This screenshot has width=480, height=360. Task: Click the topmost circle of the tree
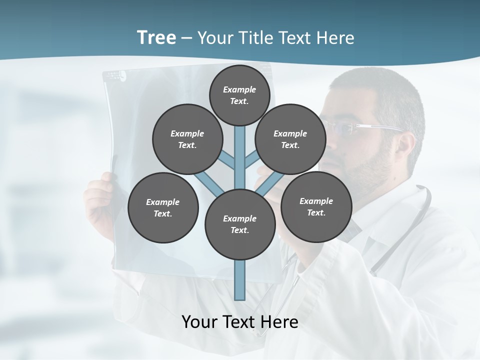pyautogui.click(x=239, y=95)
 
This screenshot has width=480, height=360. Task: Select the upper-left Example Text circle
pyautogui.click(x=187, y=139)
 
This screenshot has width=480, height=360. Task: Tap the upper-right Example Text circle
pyautogui.click(x=290, y=139)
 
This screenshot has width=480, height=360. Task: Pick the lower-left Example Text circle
pyautogui.click(x=163, y=207)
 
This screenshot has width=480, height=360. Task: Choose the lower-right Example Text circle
pyautogui.click(x=316, y=206)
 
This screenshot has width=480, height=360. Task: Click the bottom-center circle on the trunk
pyautogui.click(x=240, y=224)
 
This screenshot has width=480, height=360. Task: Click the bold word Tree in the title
pyautogui.click(x=156, y=37)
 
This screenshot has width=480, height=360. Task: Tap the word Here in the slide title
pyautogui.click(x=335, y=38)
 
